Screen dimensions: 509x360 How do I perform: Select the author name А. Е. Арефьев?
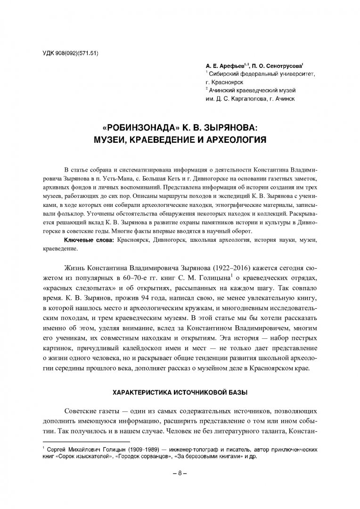click(x=223, y=67)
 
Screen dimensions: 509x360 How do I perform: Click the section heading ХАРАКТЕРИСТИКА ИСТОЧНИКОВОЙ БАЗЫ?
click(x=180, y=393)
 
